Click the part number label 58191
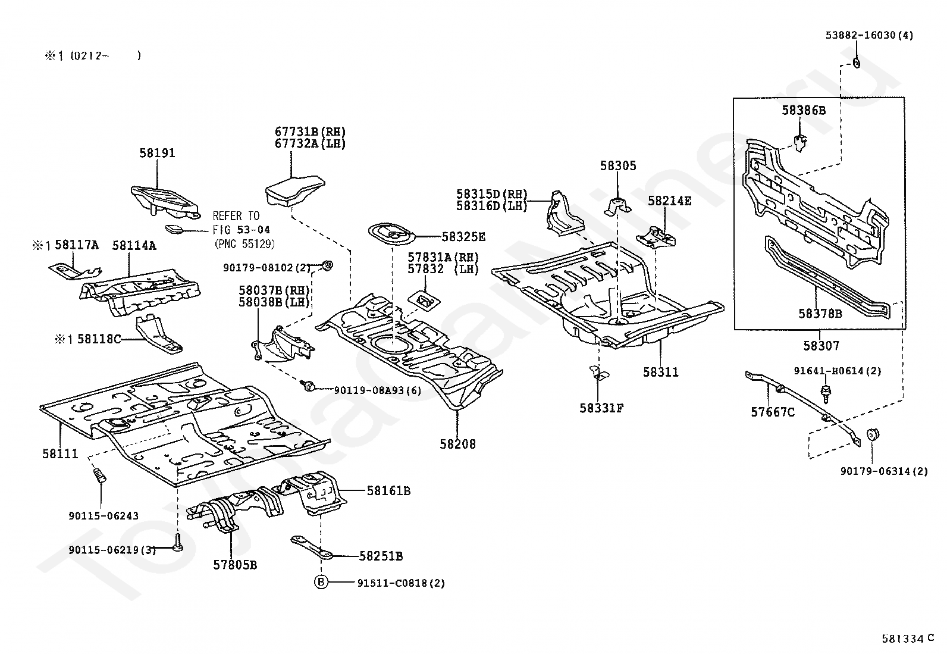coord(157,153)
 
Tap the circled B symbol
coord(321,583)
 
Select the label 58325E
coord(463,237)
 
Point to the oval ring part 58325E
coord(390,234)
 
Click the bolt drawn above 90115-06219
coord(178,542)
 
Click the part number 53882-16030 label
coord(869,35)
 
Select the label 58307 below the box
coord(821,346)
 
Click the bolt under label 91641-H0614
coord(826,394)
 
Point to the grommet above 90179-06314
coord(873,434)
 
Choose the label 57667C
coord(772,412)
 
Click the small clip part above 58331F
coord(598,373)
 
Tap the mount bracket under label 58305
coord(617,206)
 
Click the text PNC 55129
coord(245,243)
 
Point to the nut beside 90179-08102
coord(327,265)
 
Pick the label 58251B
coord(381,556)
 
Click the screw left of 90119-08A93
coord(308,385)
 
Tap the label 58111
coord(60,453)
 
